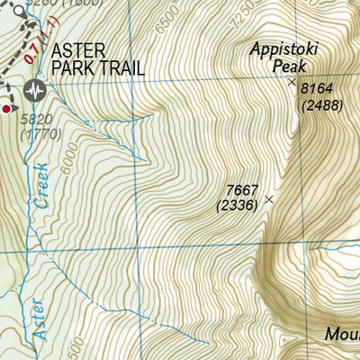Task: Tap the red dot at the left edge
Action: pos(6,109)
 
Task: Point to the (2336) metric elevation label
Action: pos(238,205)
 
